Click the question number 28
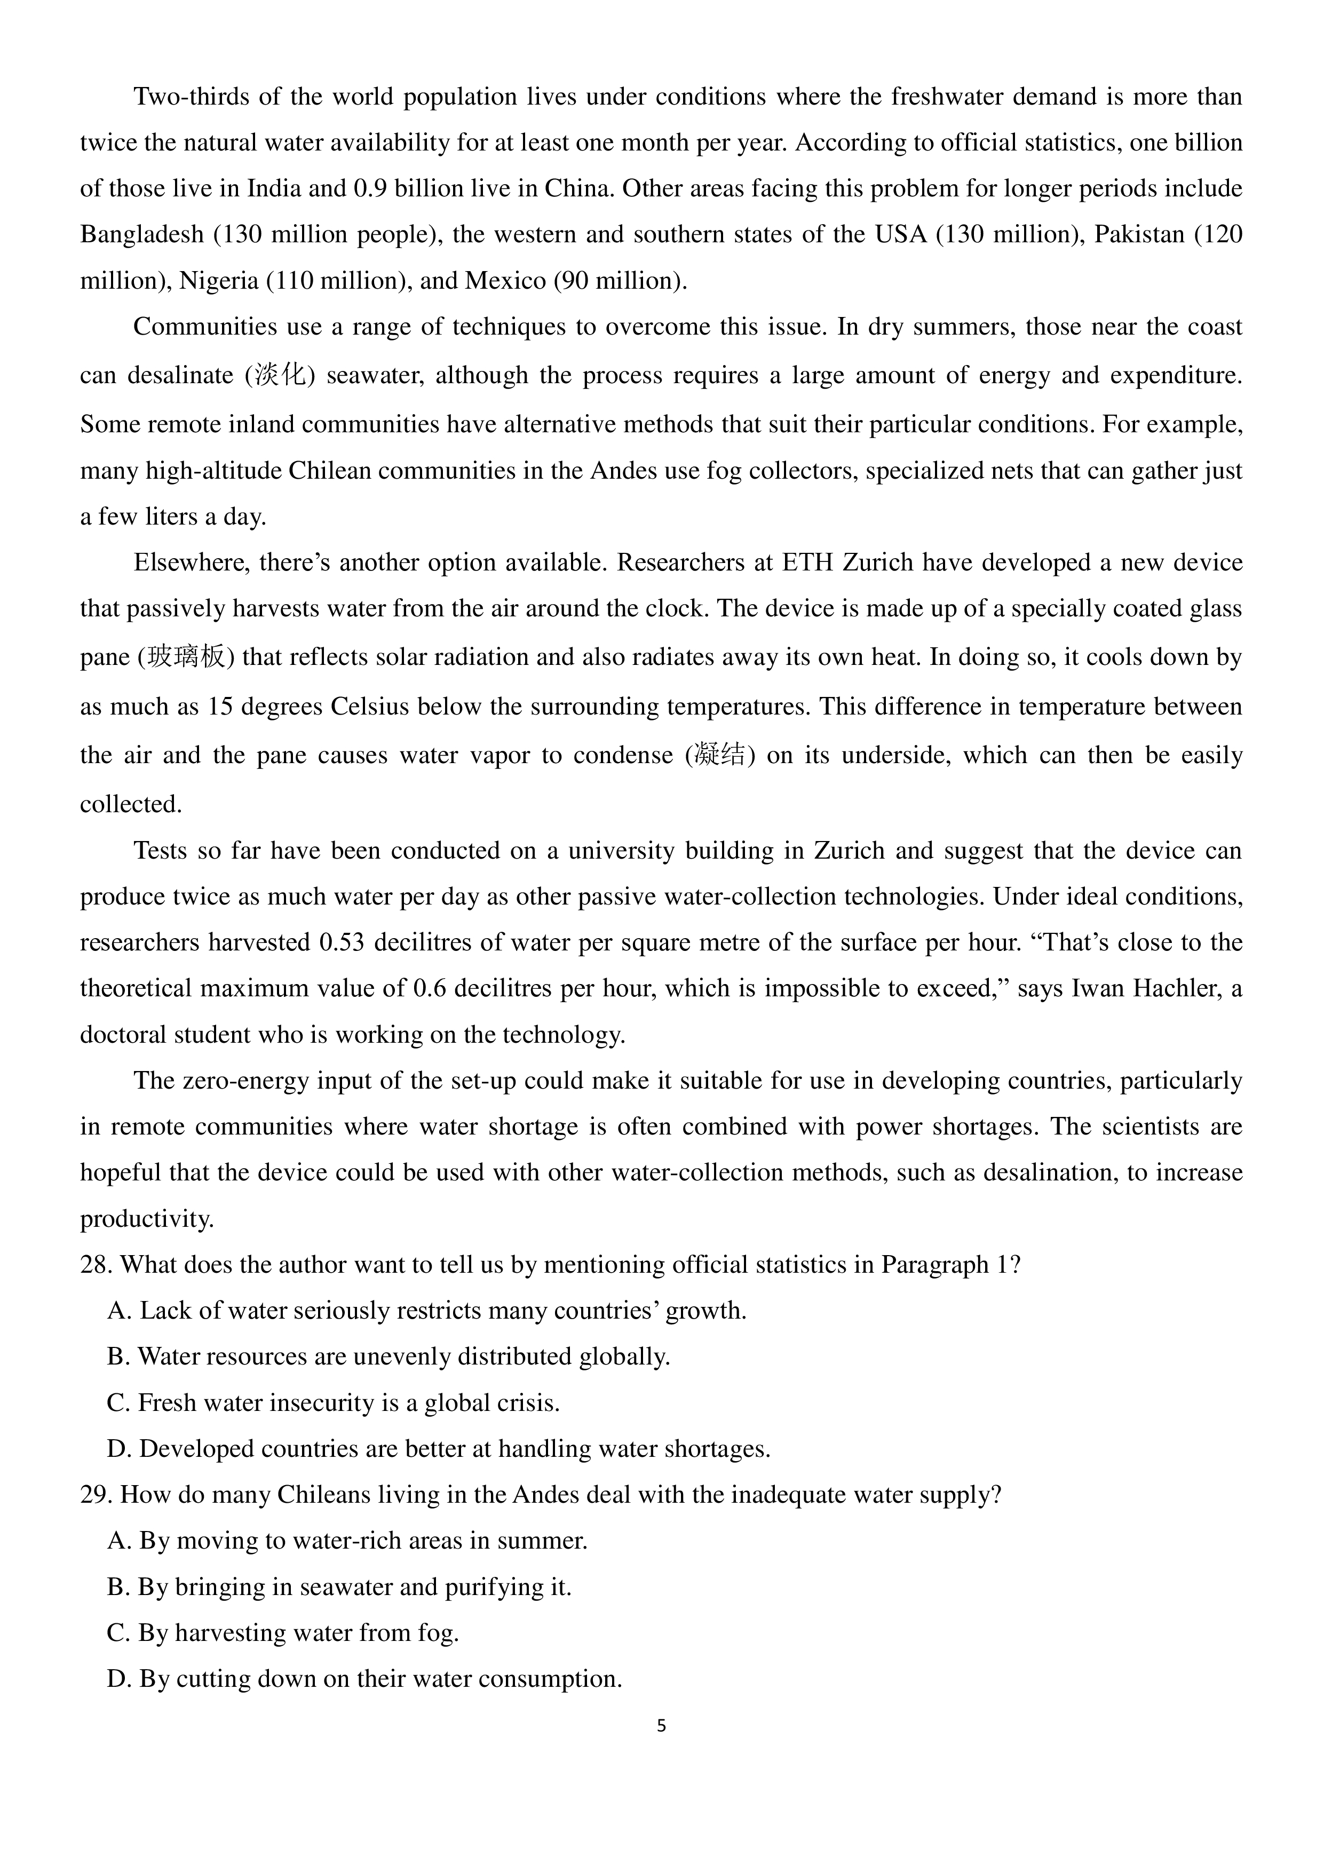coord(96,1265)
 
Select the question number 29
coord(96,1495)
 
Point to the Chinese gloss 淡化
coord(280,375)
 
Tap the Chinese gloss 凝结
coord(720,755)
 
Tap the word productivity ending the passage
coord(147,1219)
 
